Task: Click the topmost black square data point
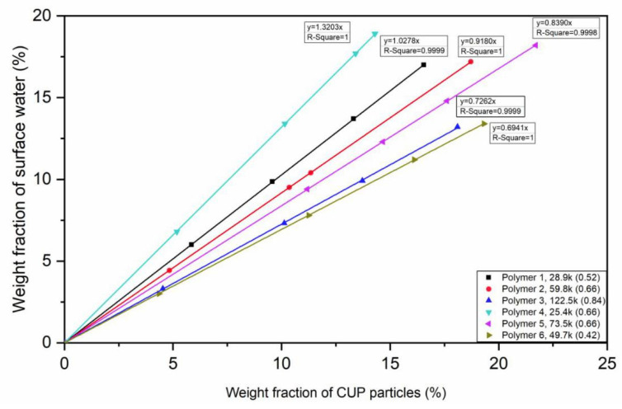(423, 64)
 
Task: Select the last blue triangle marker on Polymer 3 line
(457, 126)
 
